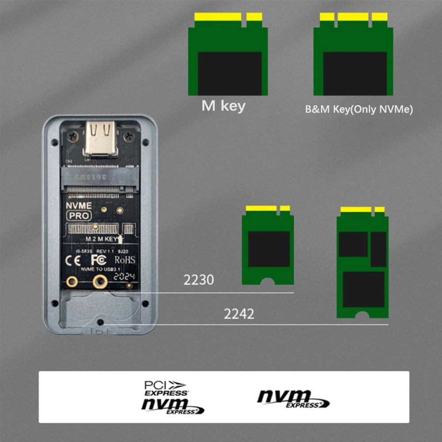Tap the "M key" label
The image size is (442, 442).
coord(223,107)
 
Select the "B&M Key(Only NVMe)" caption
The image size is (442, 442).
coord(359,110)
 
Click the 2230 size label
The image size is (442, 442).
coord(199,280)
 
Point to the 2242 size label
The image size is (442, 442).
coord(239,314)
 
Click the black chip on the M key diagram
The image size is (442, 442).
coord(229,73)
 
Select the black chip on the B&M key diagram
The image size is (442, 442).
coord(355,73)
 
